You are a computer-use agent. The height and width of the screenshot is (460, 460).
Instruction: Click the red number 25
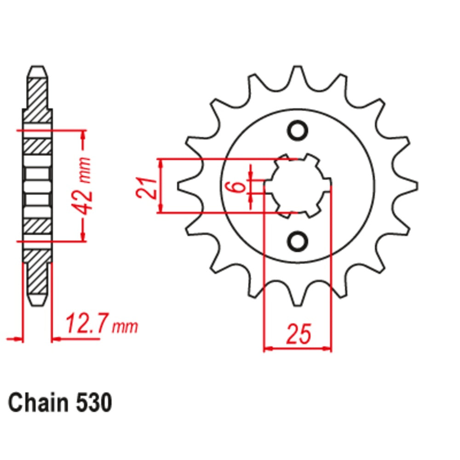298,334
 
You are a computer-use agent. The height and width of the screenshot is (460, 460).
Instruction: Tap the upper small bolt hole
297,130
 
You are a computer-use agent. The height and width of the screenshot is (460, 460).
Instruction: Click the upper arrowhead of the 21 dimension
160,164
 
